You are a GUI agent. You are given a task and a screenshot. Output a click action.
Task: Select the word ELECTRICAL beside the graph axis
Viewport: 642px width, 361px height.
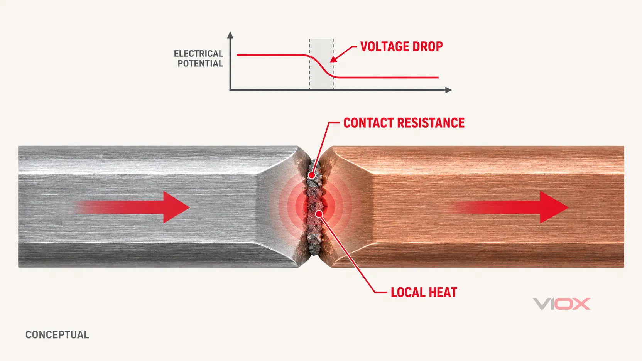point(198,54)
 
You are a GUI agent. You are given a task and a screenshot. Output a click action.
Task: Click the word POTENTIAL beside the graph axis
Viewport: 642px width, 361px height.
point(200,63)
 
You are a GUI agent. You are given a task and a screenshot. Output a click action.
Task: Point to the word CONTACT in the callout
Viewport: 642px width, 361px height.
point(368,123)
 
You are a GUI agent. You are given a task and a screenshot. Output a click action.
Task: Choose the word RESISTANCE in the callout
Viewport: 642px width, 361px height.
point(431,123)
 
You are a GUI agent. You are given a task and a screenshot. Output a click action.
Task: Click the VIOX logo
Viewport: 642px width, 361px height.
point(561,304)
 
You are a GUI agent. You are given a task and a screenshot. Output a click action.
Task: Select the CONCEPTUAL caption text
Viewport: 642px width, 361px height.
point(57,335)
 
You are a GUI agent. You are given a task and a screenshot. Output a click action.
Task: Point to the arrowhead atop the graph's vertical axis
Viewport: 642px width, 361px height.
point(230,35)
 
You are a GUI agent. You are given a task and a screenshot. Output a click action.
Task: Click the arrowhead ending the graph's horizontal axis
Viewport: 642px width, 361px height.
point(449,90)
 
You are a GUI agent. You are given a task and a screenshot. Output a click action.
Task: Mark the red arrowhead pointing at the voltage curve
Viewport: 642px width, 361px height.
point(334,59)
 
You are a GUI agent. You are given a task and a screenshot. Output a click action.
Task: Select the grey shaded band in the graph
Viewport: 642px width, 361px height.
point(321,64)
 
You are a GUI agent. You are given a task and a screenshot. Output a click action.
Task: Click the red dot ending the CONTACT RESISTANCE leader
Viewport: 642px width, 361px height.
point(311,175)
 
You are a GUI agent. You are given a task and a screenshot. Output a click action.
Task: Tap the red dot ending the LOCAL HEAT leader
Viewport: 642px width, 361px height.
point(319,214)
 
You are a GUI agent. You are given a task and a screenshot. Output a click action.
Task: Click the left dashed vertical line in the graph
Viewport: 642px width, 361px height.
point(309,64)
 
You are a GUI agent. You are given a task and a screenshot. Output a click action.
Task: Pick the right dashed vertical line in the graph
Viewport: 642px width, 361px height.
point(333,64)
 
